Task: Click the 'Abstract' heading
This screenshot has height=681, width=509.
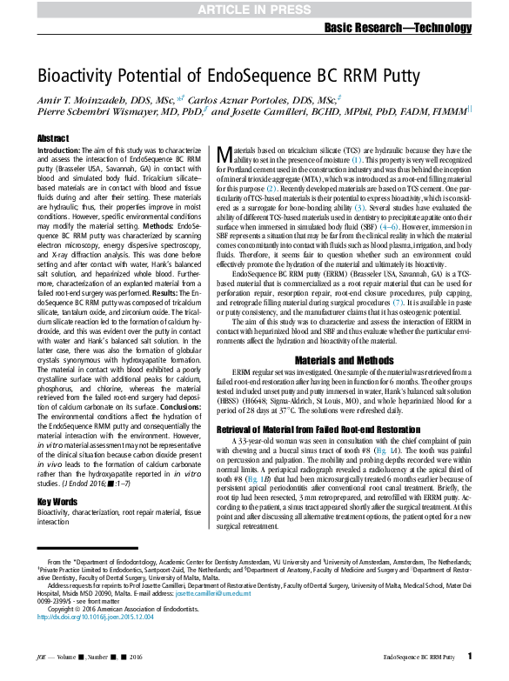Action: pos(52,139)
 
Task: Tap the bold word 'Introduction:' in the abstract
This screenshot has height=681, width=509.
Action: pos(59,150)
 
